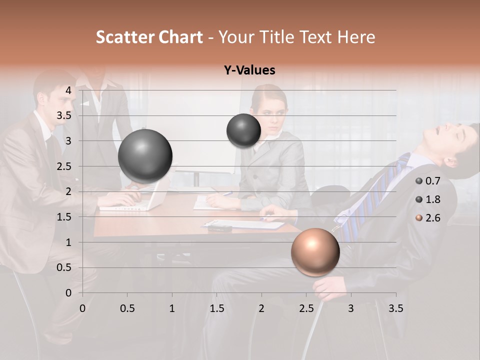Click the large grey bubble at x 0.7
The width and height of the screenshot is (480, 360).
pyautogui.click(x=145, y=156)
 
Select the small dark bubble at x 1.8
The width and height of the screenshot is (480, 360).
pyautogui.click(x=243, y=130)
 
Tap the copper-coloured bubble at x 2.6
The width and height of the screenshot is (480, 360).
pyautogui.click(x=315, y=251)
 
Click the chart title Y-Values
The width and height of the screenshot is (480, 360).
pyautogui.click(x=249, y=70)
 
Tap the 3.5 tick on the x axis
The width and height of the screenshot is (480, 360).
pyautogui.click(x=395, y=308)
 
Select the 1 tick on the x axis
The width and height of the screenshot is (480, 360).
pyautogui.click(x=172, y=308)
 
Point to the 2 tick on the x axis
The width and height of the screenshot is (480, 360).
pyautogui.click(x=261, y=308)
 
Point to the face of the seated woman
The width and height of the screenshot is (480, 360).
pyautogui.click(x=270, y=111)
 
